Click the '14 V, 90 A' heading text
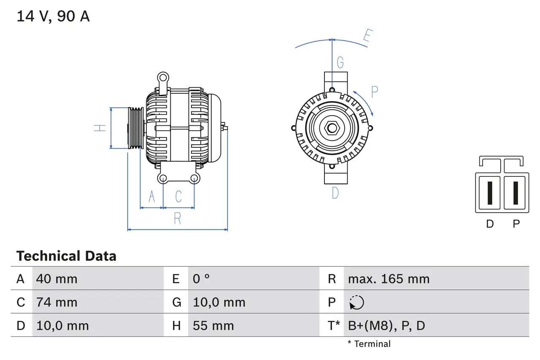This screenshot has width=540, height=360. point(53,16)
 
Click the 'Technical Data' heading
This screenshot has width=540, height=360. point(66,256)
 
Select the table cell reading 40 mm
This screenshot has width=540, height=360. point(57,279)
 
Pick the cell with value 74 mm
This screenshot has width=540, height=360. point(57,302)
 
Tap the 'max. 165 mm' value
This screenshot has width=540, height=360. point(389,279)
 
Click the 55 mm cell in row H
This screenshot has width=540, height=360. point(213,325)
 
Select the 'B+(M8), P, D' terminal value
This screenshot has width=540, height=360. point(386,325)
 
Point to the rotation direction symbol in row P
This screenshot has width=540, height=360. point(356,302)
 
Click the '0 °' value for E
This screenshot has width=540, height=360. point(201,279)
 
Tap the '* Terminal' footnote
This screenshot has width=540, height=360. point(369,344)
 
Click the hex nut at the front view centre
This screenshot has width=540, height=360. point(332,127)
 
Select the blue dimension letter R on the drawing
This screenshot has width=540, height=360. point(178,219)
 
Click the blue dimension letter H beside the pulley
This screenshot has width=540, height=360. point(100,127)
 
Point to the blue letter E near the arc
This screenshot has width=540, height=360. point(368,37)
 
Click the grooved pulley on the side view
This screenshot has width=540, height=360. point(136,127)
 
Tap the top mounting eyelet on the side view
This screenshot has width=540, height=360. point(163,77)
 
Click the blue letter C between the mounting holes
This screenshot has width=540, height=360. point(178,197)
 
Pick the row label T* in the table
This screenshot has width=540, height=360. point(334,325)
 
